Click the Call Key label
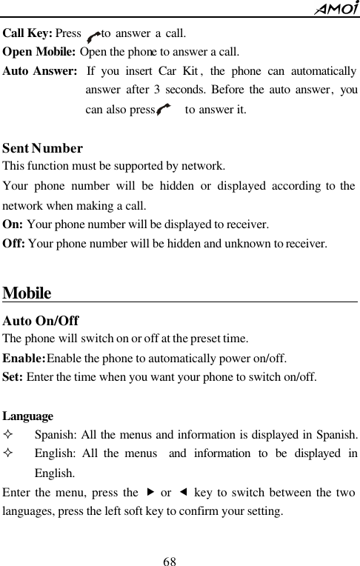point(27,33)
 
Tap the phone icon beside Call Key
point(93,35)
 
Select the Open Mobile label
point(39,53)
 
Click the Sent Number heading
point(43,149)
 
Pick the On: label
point(13,223)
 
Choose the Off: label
point(14,242)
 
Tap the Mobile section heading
point(27,293)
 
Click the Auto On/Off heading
point(41,322)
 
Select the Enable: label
point(24,358)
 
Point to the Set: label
point(13,377)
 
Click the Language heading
point(28,417)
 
